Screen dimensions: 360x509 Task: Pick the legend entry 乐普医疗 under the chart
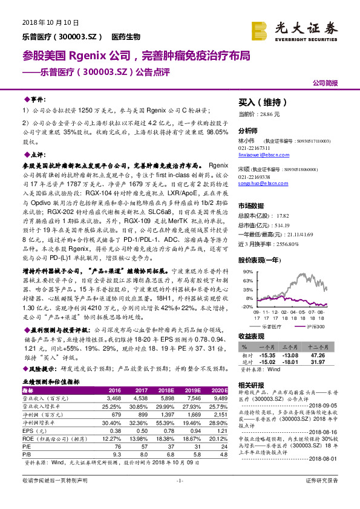(x=273, y=326)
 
